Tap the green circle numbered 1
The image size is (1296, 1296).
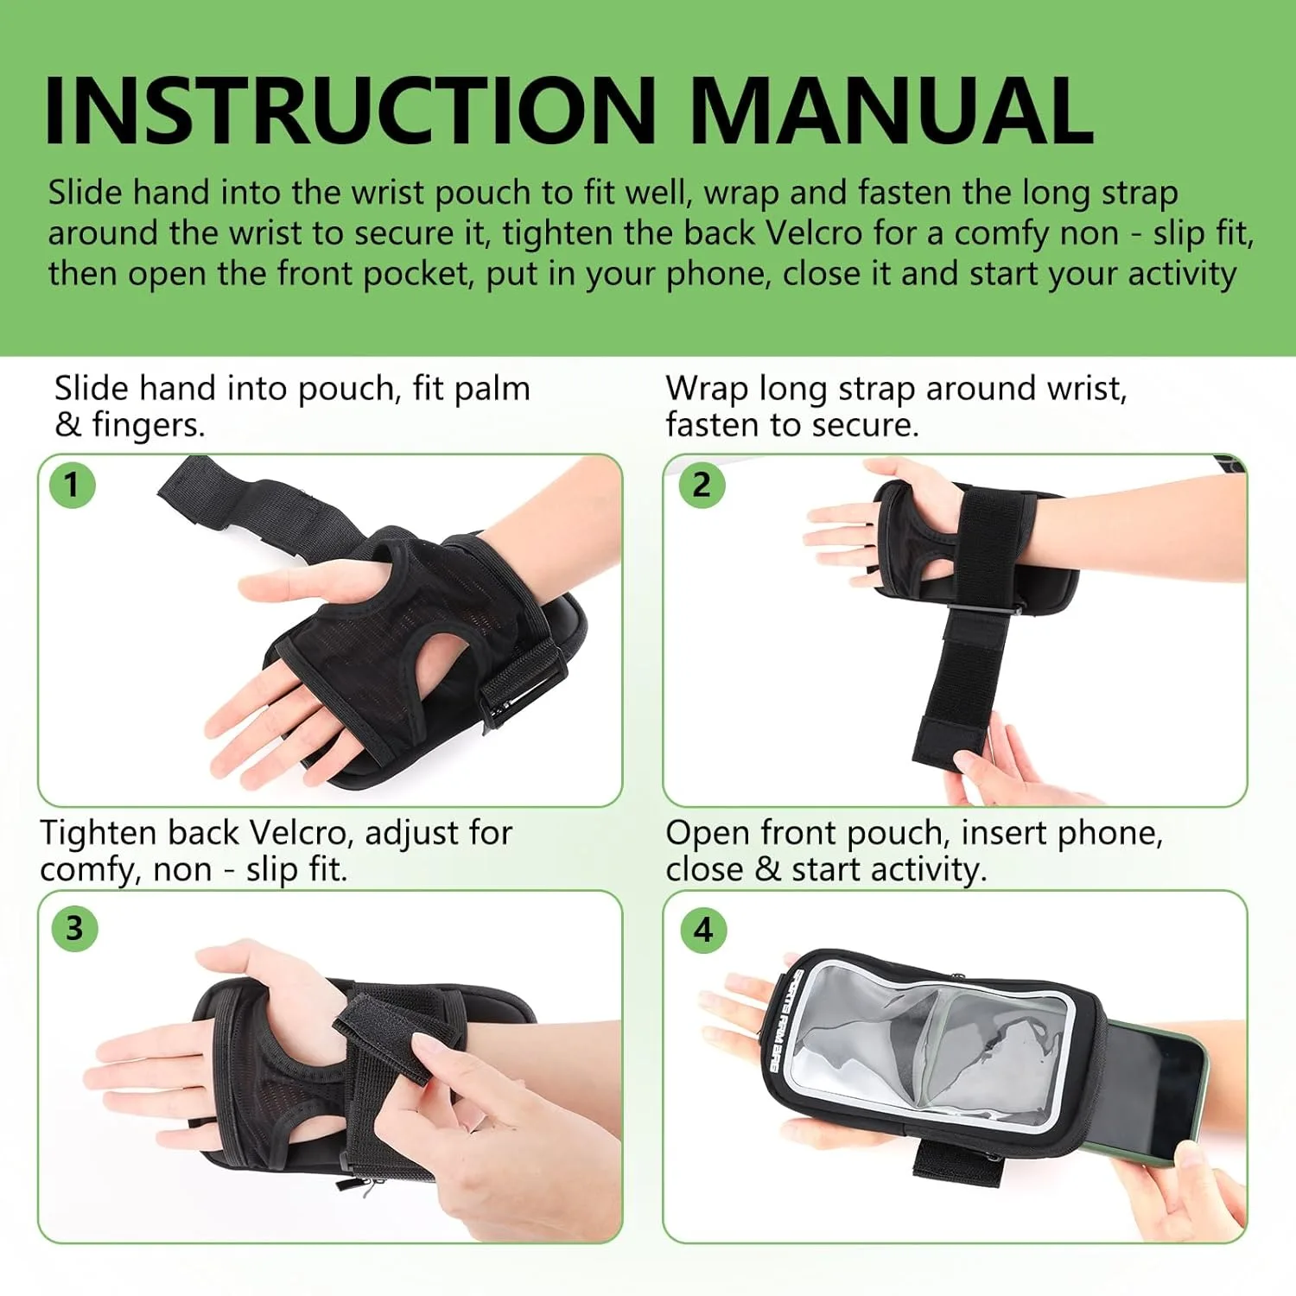pyautogui.click(x=72, y=485)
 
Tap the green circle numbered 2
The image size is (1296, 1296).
pyautogui.click(x=702, y=485)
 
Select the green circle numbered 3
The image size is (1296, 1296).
pyautogui.click(x=74, y=929)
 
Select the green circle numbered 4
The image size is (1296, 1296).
pyautogui.click(x=703, y=931)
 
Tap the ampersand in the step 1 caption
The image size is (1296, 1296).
pyautogui.click(x=67, y=425)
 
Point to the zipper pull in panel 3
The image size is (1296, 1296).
pyautogui.click(x=367, y=1188)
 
